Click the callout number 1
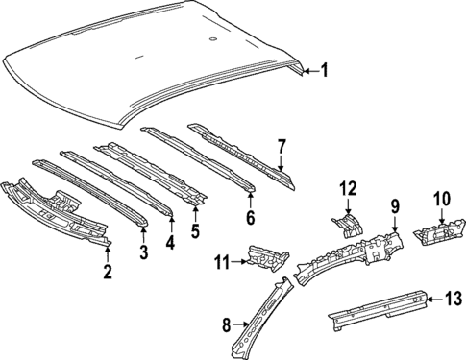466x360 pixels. [x=324, y=69]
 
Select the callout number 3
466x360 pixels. [x=143, y=252]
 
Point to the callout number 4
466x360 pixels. [x=170, y=242]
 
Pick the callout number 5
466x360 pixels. [x=196, y=230]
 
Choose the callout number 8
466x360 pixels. [x=227, y=326]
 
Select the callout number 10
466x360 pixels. [x=443, y=201]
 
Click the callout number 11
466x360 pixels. [x=220, y=260]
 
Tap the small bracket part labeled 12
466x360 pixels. [x=348, y=223]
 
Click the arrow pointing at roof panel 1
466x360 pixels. [x=305, y=70]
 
